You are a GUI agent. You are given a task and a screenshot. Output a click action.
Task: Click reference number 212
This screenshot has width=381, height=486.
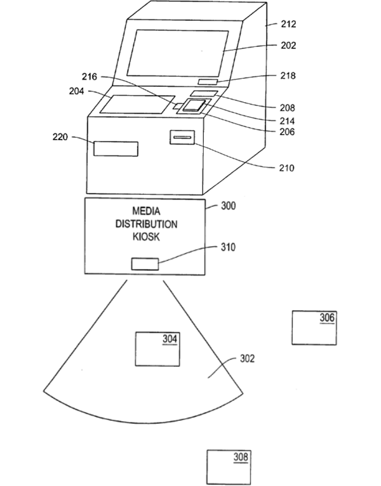click(288, 23)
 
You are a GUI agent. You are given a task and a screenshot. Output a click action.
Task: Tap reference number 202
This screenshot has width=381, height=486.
click(288, 46)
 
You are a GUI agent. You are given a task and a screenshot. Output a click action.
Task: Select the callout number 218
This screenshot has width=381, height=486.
click(288, 76)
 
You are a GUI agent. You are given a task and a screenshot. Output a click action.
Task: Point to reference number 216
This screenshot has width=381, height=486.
click(90, 77)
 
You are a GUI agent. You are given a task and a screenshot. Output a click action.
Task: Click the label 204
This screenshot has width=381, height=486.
click(77, 91)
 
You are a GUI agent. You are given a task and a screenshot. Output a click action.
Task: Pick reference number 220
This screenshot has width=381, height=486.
click(61, 136)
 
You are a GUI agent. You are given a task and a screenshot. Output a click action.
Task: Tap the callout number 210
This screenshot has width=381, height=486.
click(287, 168)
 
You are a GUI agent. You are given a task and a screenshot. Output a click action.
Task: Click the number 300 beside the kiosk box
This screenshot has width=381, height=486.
click(228, 206)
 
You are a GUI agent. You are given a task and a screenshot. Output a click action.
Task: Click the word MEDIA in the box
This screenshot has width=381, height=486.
click(146, 211)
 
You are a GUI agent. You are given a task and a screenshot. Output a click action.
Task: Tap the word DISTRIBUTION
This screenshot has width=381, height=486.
click(146, 224)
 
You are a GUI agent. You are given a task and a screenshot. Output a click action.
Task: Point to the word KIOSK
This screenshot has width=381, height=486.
click(146, 237)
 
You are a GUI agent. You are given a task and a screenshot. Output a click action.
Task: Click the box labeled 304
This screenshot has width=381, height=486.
click(157, 348)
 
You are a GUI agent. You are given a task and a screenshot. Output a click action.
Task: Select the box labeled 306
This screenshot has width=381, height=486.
click(314, 327)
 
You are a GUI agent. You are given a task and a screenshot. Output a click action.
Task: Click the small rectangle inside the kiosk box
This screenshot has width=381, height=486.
click(145, 264)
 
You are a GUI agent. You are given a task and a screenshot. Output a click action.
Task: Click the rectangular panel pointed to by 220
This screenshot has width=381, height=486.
click(116, 148)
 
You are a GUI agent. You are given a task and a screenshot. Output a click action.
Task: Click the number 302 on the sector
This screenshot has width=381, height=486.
click(247, 358)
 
